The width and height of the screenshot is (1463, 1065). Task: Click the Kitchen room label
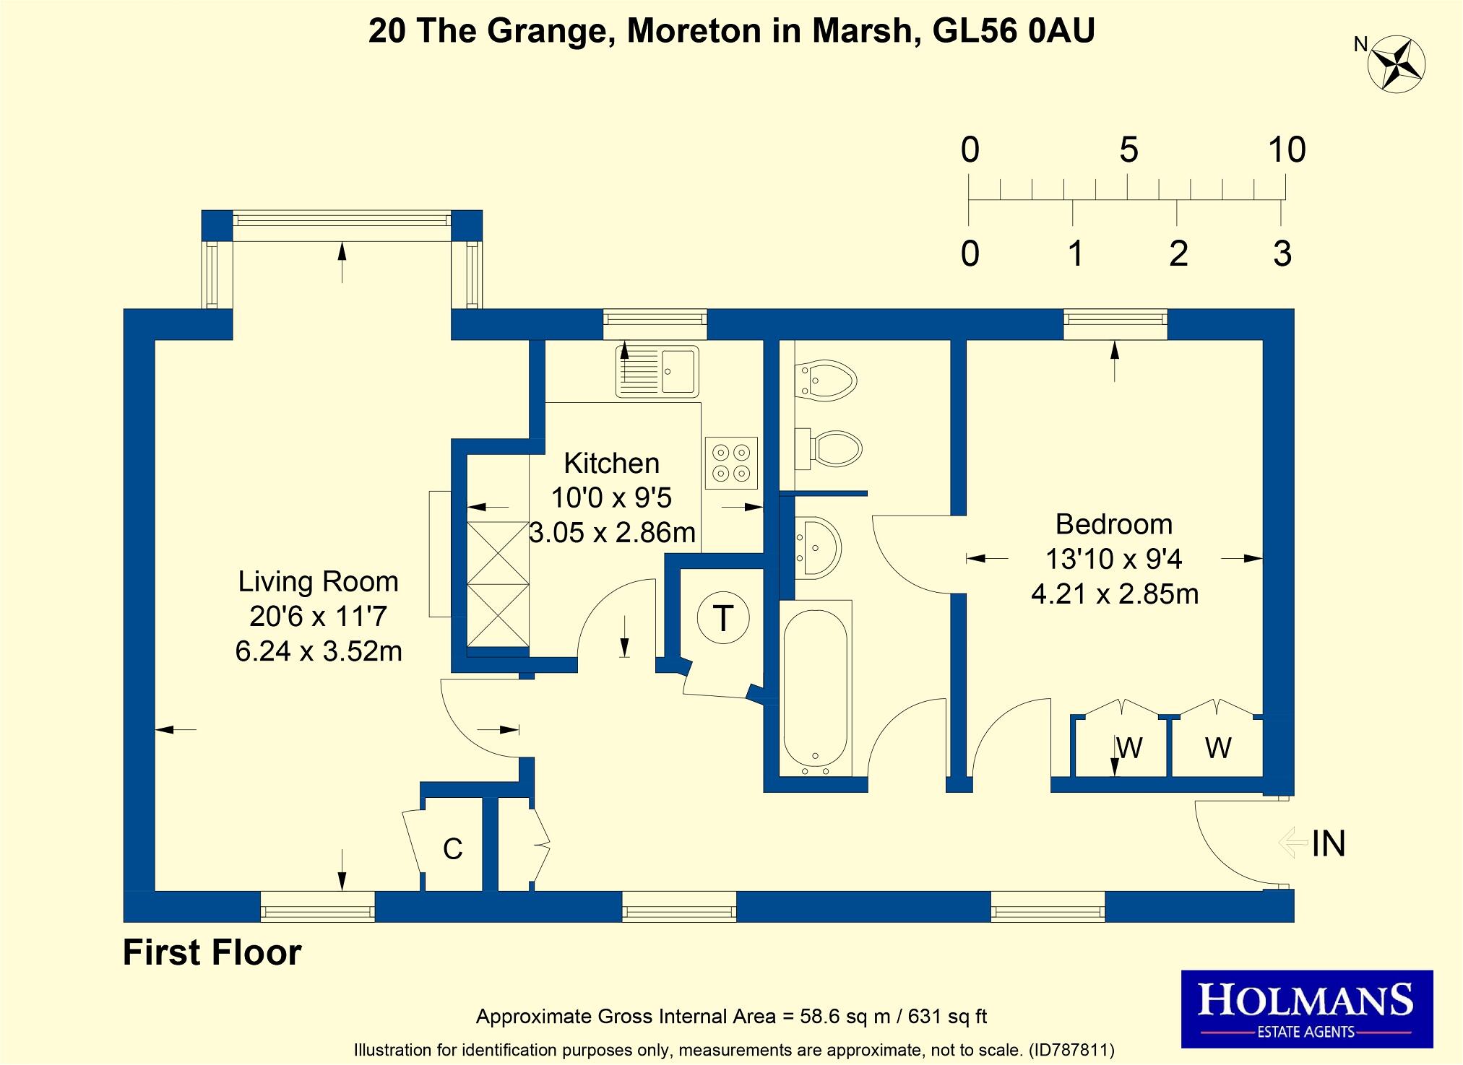[611, 463]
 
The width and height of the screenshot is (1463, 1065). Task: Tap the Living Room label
[318, 582]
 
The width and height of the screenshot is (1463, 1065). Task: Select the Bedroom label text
[1113, 524]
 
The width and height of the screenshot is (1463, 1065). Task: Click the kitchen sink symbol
[657, 372]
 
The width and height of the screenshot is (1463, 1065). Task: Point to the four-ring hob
[731, 463]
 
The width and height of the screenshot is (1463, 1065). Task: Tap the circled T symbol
[723, 619]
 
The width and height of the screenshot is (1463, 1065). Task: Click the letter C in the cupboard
[452, 849]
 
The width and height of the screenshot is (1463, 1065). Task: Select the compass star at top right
[1396, 66]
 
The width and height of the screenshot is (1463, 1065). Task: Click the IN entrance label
[1328, 843]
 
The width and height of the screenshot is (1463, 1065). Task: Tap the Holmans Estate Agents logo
[1306, 1009]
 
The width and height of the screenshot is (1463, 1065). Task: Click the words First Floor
[212, 952]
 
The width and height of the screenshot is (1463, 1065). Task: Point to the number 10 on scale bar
[1287, 150]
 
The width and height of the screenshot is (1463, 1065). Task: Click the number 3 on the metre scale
[1282, 254]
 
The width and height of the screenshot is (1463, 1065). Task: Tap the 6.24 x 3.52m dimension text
[318, 651]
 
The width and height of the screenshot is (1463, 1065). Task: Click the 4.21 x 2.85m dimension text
[1114, 594]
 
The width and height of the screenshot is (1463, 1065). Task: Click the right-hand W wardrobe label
[1217, 748]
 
